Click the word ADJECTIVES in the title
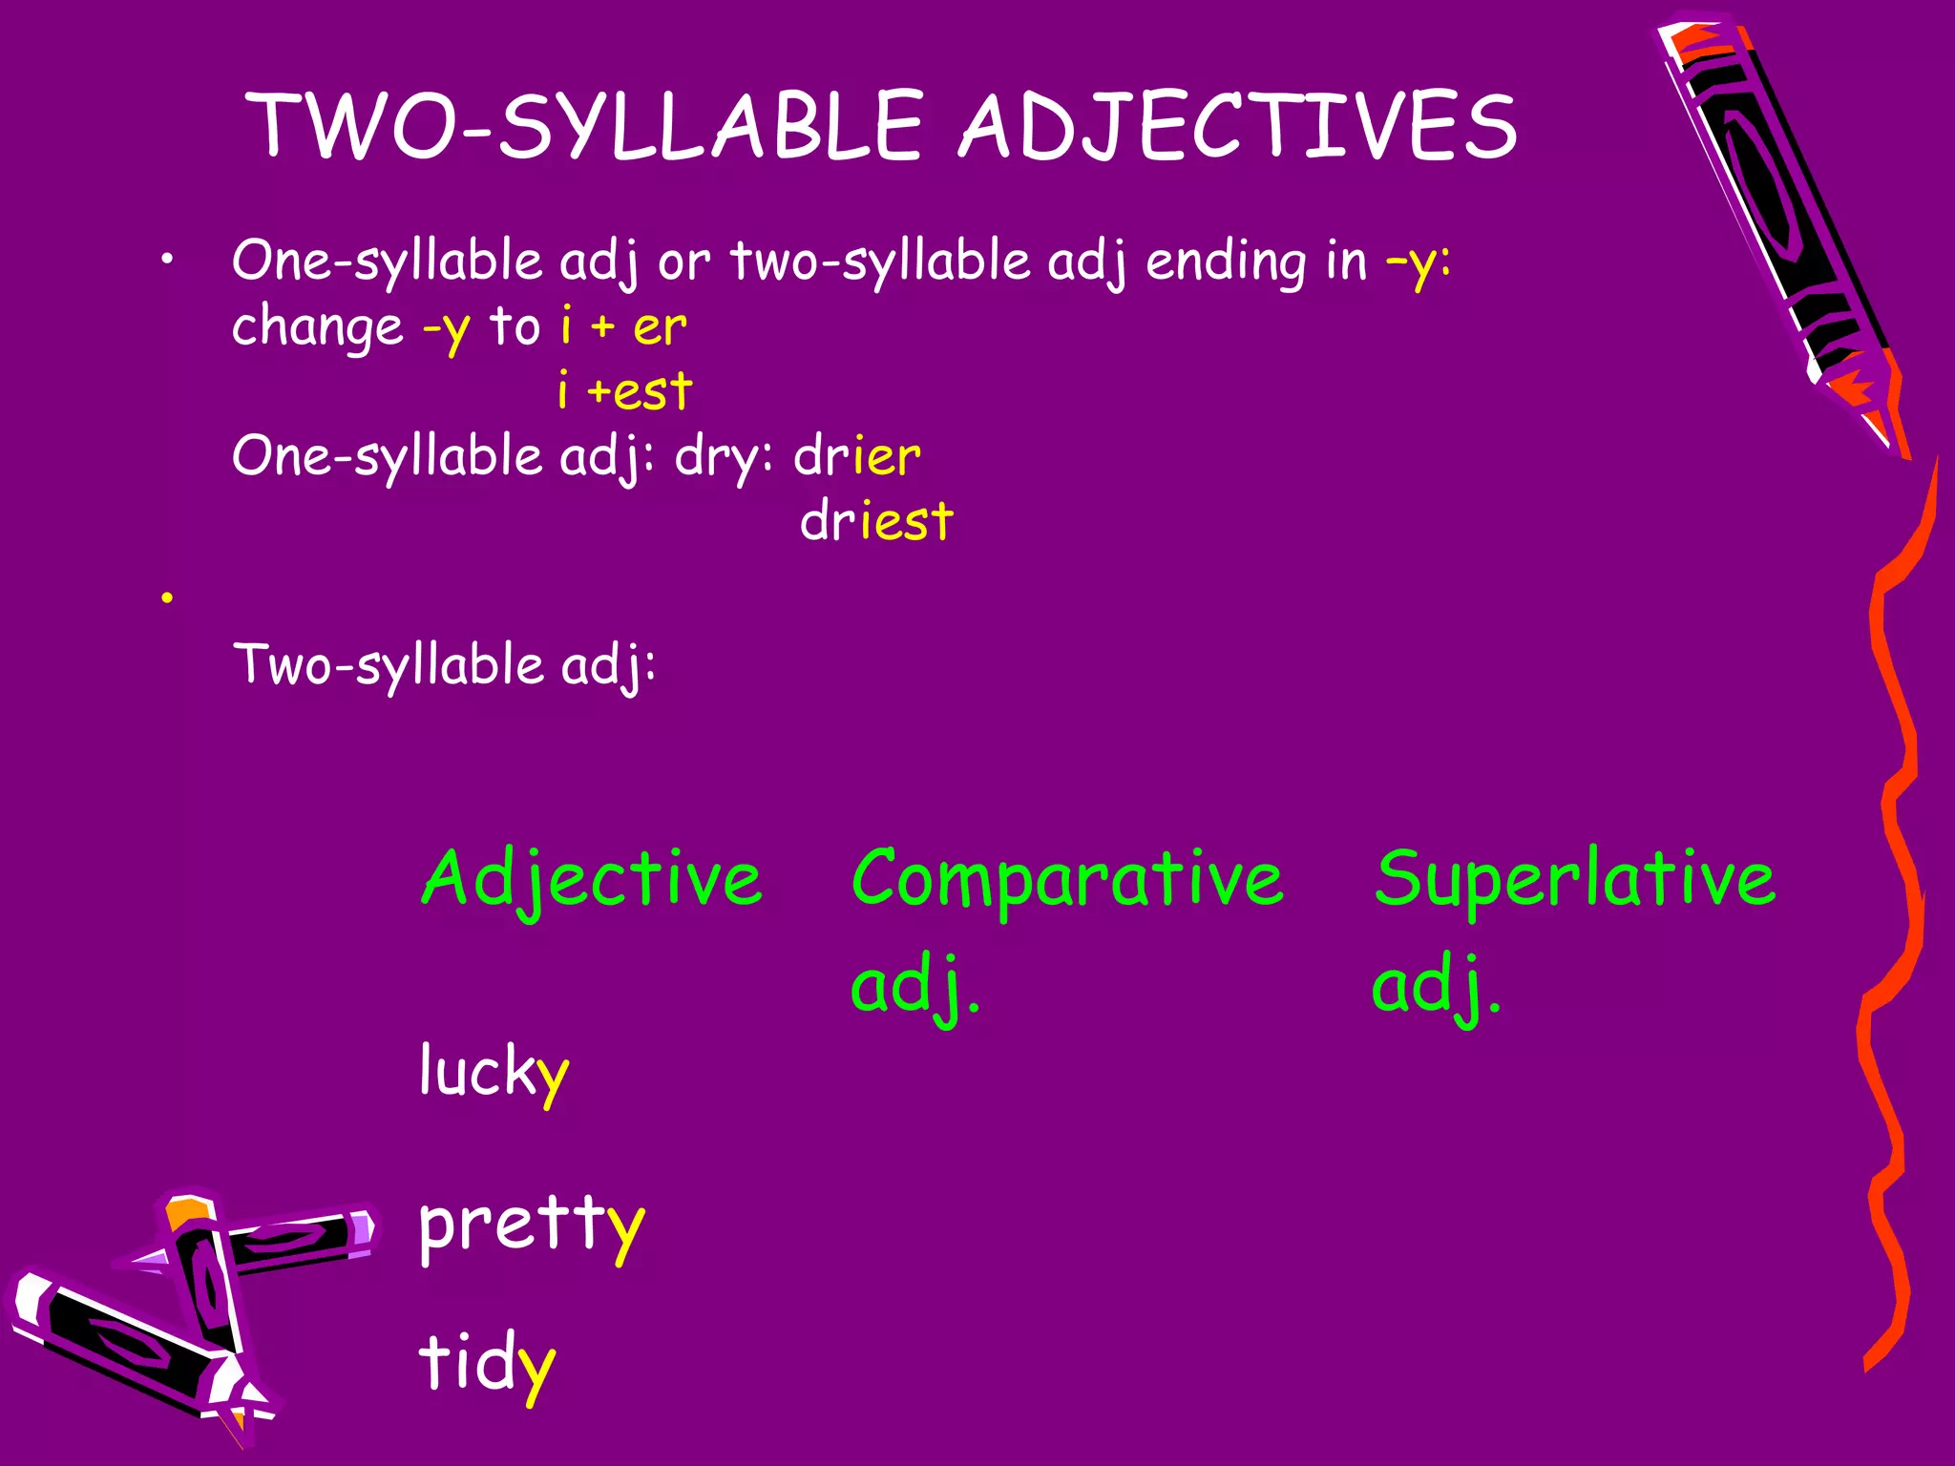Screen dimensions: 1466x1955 pos(1237,126)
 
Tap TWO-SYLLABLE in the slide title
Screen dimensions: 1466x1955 pos(584,126)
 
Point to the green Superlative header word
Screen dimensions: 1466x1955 pos(1575,878)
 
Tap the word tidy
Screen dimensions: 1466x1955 pos(487,1363)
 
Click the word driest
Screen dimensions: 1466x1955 pos(876,522)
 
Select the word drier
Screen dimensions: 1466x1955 pos(857,456)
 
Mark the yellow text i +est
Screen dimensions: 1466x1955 pos(624,391)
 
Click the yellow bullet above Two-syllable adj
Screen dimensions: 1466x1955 pos(168,598)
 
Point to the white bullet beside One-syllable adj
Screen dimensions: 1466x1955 pos(168,260)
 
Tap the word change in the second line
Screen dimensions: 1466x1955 pos(318,327)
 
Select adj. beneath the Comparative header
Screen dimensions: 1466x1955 pos(914,987)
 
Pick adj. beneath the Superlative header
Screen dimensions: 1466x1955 pos(1436,987)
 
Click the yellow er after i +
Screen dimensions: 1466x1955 pos(659,327)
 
